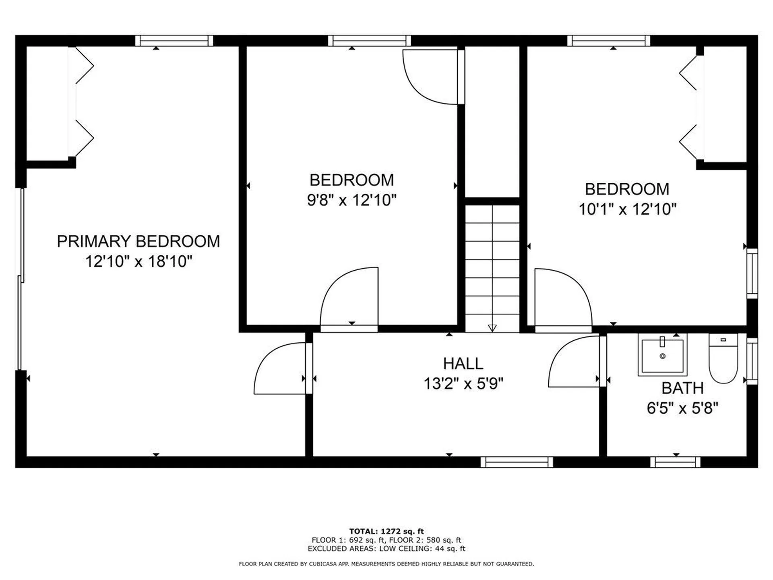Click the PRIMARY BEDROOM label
point(138,241)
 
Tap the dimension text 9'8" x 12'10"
point(351,200)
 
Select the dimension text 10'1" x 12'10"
point(627,209)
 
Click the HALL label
point(463,364)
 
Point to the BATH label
point(682,388)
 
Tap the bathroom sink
point(662,355)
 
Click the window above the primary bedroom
point(174,41)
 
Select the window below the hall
point(517,462)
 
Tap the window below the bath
point(675,462)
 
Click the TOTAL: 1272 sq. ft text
point(386,531)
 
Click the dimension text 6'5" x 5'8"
point(682,408)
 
